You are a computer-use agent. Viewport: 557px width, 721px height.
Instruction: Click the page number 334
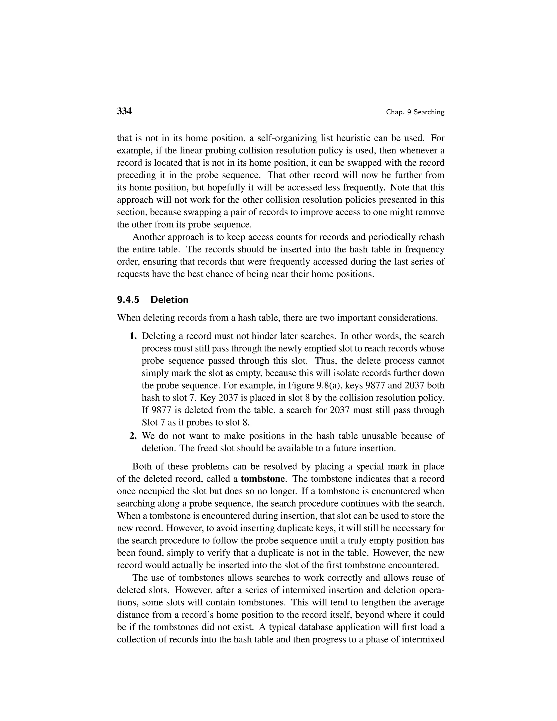click(124, 111)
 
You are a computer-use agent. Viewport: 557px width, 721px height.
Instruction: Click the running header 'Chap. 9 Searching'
click(415, 112)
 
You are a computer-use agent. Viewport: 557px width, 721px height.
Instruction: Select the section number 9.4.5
click(128, 300)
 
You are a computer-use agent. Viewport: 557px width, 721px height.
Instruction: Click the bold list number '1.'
click(133, 336)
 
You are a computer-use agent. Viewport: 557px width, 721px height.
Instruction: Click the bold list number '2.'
click(133, 436)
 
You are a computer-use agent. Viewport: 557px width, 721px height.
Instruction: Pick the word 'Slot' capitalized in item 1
click(150, 423)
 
